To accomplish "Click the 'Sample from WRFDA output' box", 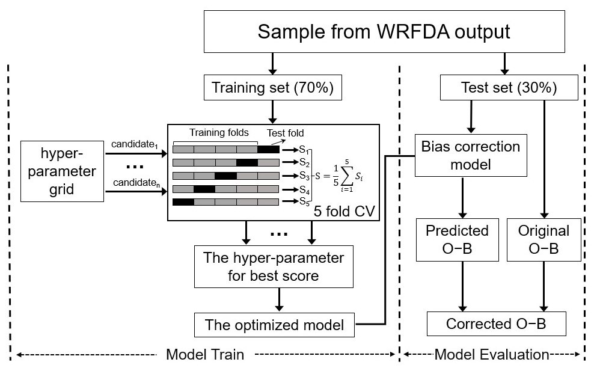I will (x=384, y=31).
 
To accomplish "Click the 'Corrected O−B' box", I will (x=496, y=324).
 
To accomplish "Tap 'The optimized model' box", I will (x=275, y=325).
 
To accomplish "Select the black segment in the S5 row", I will (x=183, y=201).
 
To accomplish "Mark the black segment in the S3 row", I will (x=225, y=176).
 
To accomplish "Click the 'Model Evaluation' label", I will (x=491, y=355).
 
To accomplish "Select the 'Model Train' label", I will (x=204, y=355).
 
